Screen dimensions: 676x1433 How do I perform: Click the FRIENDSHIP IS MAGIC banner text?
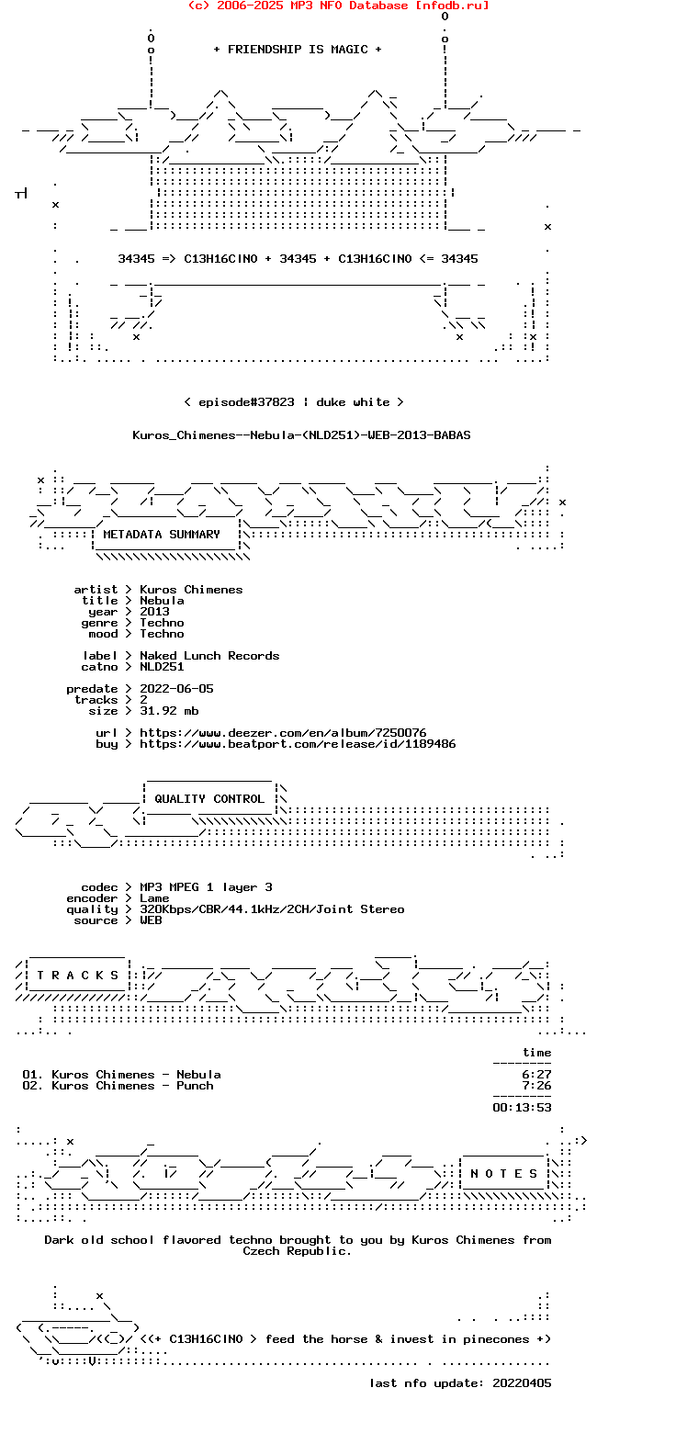[298, 50]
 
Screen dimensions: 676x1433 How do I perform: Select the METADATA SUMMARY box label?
[161, 535]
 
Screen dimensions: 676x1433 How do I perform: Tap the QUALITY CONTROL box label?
[209, 798]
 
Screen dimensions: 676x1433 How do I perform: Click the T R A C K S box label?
[77, 975]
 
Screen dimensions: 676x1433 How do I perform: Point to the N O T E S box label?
[504, 1173]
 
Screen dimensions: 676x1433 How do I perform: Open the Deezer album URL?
[283, 732]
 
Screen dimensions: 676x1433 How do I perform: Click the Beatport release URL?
[298, 743]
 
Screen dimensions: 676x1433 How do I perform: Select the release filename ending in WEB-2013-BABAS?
[301, 435]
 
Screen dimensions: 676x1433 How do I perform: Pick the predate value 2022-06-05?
[176, 688]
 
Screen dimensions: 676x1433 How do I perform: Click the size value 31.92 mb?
[170, 711]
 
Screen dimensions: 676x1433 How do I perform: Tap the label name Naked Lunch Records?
[209, 656]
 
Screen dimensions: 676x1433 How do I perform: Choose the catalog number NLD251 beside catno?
[162, 667]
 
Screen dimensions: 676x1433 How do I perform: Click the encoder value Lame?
[154, 898]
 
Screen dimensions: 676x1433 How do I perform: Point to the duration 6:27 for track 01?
[536, 1074]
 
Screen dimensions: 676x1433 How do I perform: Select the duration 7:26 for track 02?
[536, 1085]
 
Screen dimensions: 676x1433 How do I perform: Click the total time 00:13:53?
[522, 1108]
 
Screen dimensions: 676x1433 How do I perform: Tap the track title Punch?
[195, 1085]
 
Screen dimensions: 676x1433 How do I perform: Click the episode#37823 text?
[246, 401]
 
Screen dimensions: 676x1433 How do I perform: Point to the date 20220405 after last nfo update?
[522, 1383]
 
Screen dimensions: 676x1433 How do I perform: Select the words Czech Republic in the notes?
[297, 1251]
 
